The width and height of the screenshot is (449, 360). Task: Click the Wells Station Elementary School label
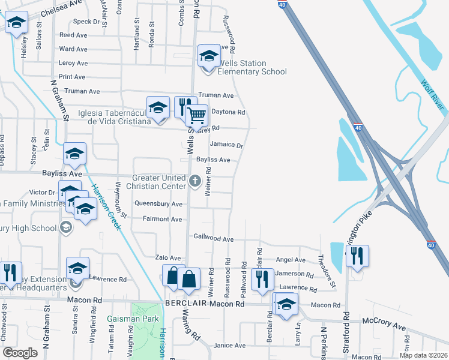click(x=252, y=67)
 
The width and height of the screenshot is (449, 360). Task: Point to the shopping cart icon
click(x=197, y=114)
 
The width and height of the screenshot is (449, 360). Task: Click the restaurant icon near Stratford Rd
click(x=357, y=256)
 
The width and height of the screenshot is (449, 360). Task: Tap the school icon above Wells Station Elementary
click(x=208, y=56)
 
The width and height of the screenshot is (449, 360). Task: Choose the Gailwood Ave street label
click(x=213, y=239)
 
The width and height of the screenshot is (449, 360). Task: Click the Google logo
click(x=20, y=353)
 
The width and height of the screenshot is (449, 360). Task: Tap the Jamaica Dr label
click(x=226, y=145)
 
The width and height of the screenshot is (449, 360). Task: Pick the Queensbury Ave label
click(x=158, y=204)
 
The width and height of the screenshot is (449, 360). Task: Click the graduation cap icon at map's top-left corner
click(x=16, y=23)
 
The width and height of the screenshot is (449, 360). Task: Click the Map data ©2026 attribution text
click(x=423, y=355)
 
